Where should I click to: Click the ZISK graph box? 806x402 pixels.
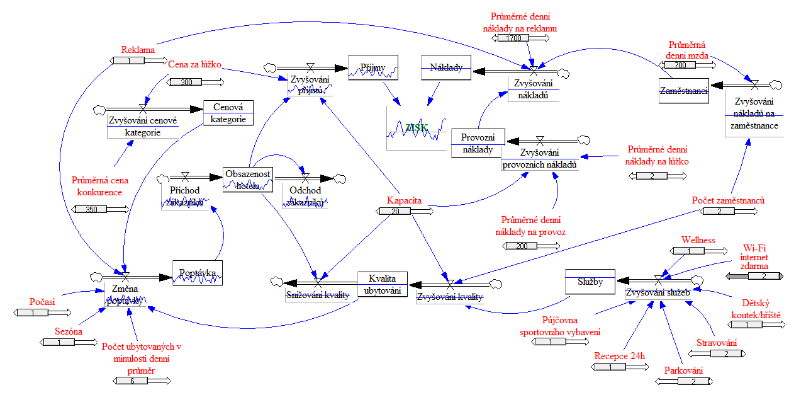coord(417,128)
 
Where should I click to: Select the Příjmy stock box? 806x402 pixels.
coord(373,67)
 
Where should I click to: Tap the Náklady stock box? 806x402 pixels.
coord(446,67)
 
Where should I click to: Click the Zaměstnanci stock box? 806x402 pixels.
coord(684,91)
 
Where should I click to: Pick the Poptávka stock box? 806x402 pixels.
coord(198,273)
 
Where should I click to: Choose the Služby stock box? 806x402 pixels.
coord(590,282)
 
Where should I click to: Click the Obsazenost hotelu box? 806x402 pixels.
coord(248,179)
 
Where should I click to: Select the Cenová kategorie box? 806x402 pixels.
coord(228,113)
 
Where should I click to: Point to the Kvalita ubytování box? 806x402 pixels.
coord(383,285)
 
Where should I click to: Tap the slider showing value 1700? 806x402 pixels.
coord(513,38)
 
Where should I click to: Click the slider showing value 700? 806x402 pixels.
coord(680,65)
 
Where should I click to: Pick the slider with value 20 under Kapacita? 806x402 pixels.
coord(395,211)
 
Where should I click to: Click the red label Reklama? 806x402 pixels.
coord(138,49)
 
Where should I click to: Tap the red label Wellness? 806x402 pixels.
coord(698,239)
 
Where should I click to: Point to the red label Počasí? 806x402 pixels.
coord(42,302)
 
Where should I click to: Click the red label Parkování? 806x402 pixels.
coord(683,370)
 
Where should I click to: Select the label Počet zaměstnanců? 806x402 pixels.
coord(728,200)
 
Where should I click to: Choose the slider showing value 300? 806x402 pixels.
coord(186,82)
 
